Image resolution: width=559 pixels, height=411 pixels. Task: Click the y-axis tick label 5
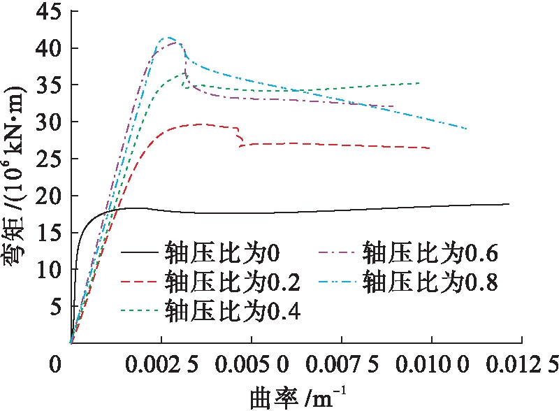tap(53, 307)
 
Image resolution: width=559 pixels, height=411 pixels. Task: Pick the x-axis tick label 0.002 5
tap(161, 365)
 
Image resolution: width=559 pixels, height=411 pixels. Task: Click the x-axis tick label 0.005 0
tap(252, 365)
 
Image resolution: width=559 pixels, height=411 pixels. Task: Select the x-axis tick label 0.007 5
tap(342, 365)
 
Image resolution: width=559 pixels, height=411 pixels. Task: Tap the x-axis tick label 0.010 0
tap(432, 365)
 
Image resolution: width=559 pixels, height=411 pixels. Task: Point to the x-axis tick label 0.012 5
tap(521, 365)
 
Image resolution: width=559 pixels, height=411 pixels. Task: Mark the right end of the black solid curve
tap(509, 204)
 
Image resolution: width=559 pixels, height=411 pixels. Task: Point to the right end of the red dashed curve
tap(430, 148)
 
